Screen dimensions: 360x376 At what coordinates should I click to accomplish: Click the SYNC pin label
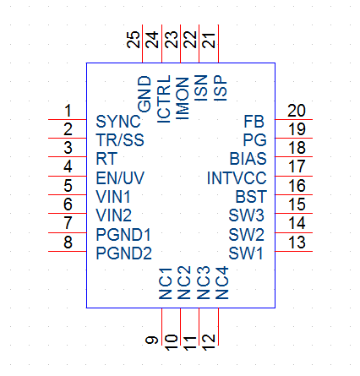click(x=118, y=122)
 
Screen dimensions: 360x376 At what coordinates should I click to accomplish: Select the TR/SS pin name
click(x=120, y=140)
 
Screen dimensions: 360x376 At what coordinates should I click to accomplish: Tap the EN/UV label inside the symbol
click(x=120, y=178)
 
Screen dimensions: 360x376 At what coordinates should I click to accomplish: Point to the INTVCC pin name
click(x=237, y=178)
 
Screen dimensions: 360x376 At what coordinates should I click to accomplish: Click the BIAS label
click(x=248, y=159)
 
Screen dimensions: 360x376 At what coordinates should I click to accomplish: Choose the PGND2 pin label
click(x=124, y=253)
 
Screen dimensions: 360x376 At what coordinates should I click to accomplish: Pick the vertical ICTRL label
click(x=164, y=99)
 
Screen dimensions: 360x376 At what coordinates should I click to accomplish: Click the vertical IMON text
click(x=183, y=99)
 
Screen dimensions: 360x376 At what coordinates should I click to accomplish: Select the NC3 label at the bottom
click(x=203, y=283)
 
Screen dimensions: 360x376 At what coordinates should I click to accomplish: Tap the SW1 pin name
click(x=246, y=253)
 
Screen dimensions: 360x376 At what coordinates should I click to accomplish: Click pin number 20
click(x=297, y=111)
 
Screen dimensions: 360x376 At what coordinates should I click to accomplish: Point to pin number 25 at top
click(x=134, y=40)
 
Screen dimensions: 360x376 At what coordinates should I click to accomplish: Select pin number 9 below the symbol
click(x=152, y=341)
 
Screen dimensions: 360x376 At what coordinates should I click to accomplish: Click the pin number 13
click(x=297, y=242)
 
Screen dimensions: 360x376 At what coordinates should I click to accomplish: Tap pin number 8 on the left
click(x=68, y=242)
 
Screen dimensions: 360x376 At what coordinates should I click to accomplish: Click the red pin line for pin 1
click(x=68, y=119)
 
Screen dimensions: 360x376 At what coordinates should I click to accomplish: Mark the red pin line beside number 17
click(x=293, y=176)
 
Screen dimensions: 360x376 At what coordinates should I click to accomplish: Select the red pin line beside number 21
click(x=218, y=44)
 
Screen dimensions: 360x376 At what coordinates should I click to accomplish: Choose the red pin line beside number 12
click(x=218, y=327)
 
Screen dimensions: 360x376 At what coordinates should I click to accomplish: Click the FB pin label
click(x=254, y=122)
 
